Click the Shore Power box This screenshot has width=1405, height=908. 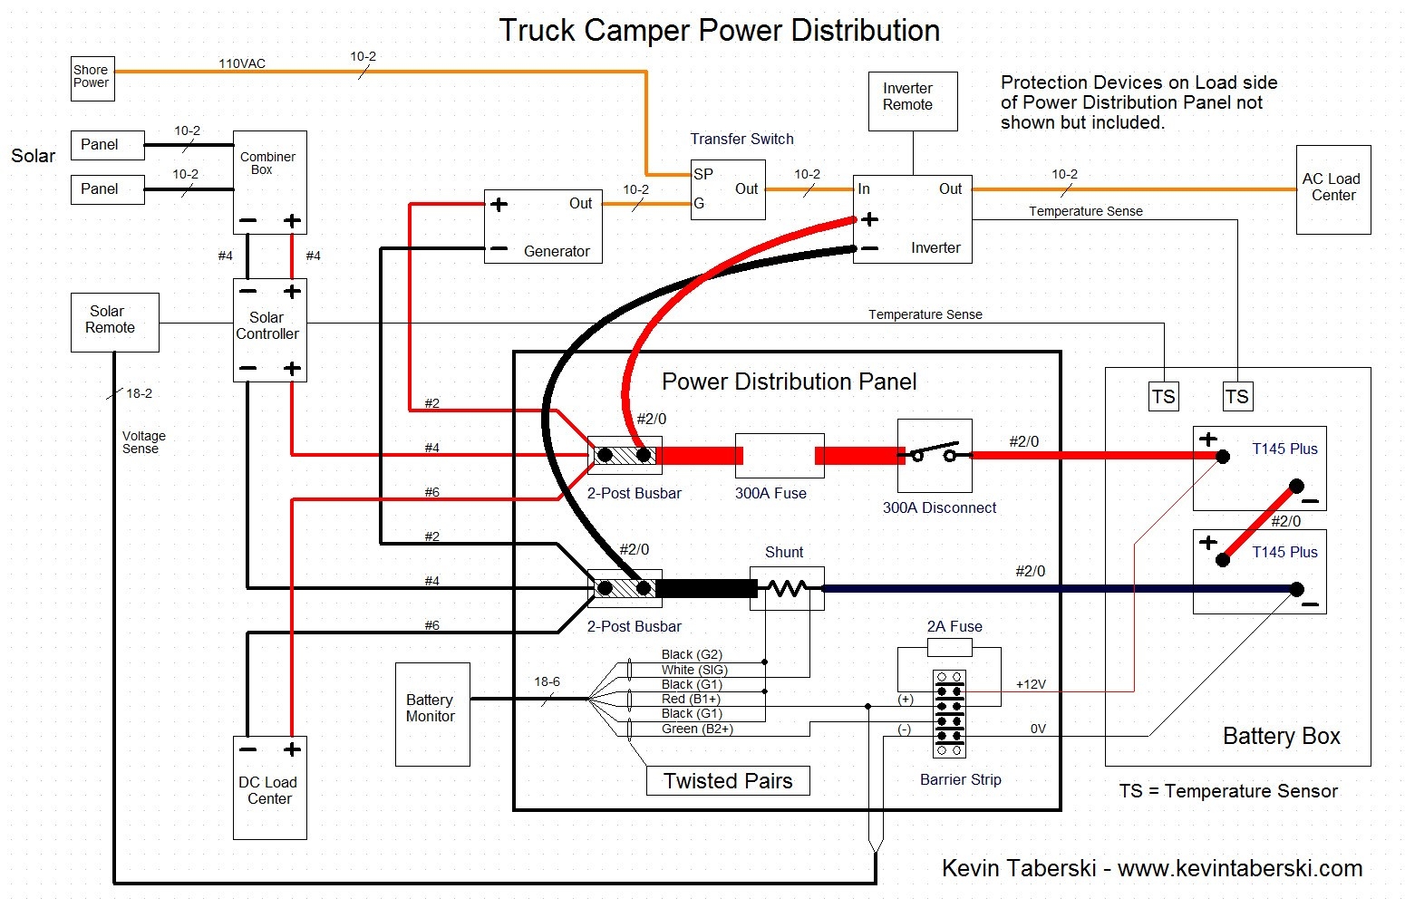coord(92,78)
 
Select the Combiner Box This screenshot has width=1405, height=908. coord(269,182)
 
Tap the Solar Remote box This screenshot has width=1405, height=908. coord(114,322)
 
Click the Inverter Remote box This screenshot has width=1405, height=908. coord(912,101)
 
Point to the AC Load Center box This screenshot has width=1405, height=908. coord(1332,189)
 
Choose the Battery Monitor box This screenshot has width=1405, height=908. coord(432,714)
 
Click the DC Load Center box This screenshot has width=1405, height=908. coord(269,787)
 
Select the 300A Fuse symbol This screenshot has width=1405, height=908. coord(779,456)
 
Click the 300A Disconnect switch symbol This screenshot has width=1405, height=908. coord(935,455)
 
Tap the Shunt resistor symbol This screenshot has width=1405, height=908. coord(786,589)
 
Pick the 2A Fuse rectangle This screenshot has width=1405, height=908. coord(949,647)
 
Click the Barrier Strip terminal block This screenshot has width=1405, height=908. coord(949,714)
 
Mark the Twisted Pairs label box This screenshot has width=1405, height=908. coord(727,781)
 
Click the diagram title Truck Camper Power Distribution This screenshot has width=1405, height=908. coord(719,31)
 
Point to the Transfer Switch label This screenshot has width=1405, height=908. coord(741,139)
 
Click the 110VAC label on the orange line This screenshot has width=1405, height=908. coord(242,63)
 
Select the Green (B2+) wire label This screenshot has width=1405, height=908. coord(696,729)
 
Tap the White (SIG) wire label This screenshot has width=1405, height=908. coord(694,670)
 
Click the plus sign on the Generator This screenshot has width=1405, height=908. coord(499,205)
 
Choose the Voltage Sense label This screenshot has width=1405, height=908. coord(143,442)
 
